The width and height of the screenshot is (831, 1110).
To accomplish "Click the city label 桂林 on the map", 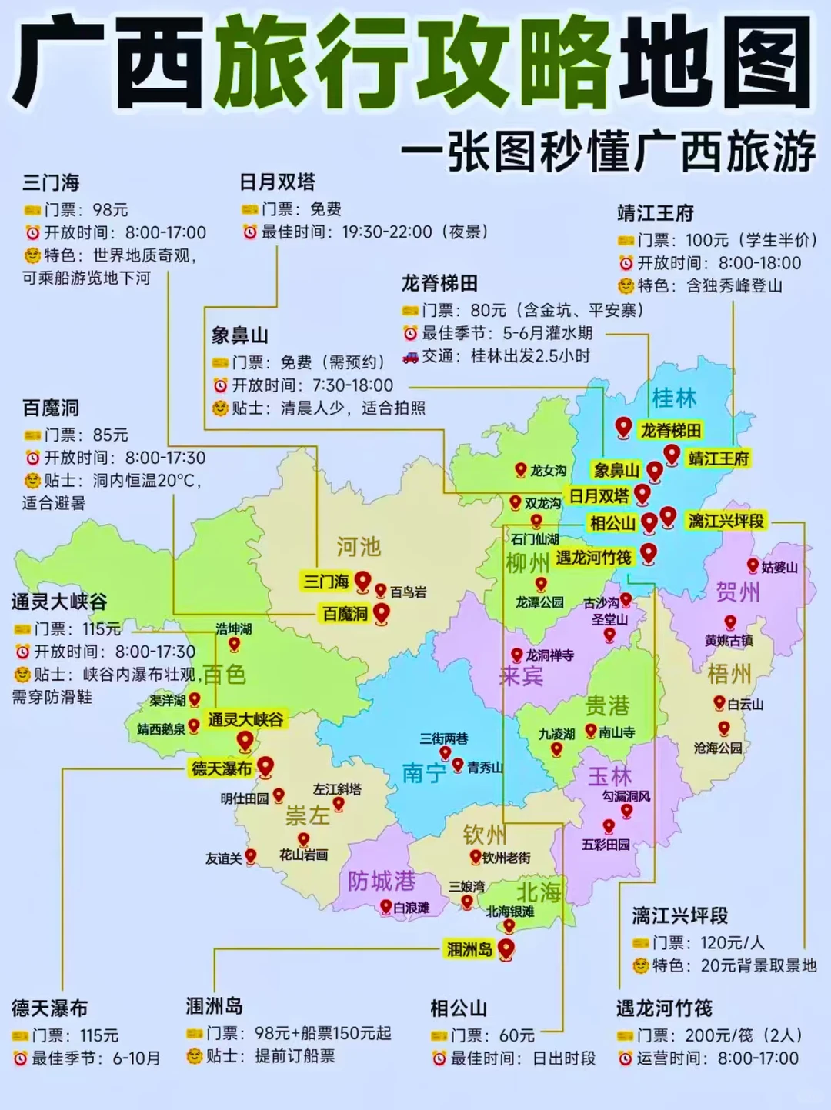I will tap(674, 398).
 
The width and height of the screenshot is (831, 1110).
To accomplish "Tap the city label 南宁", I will tap(424, 772).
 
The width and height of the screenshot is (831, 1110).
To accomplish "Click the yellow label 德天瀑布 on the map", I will tap(222, 768).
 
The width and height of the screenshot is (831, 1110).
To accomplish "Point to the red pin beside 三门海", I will tap(362, 582).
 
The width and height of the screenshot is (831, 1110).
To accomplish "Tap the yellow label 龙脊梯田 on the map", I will tap(671, 430).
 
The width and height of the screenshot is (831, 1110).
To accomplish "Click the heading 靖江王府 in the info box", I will tap(655, 213).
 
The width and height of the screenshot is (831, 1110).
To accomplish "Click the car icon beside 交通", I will tap(410, 356).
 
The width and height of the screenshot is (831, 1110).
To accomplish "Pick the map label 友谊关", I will tap(223, 858).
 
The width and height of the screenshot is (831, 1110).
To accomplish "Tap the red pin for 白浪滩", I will tap(386, 907).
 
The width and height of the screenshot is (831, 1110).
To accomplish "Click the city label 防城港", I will tap(381, 881).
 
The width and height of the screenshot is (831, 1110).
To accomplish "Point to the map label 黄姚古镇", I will tap(728, 640).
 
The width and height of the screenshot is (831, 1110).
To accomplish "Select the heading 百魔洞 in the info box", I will tap(51, 408).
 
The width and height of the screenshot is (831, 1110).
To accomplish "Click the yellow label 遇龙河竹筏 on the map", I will tap(593, 557).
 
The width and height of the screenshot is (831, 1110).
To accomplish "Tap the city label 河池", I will tap(359, 547).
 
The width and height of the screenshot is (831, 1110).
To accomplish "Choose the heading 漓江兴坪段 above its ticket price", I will tap(679, 915).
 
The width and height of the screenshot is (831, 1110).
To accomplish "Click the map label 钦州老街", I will tap(506, 857).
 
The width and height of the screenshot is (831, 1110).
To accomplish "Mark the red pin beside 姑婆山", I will tap(753, 566).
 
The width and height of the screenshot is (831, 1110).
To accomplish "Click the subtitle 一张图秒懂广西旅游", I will tap(608, 152).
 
